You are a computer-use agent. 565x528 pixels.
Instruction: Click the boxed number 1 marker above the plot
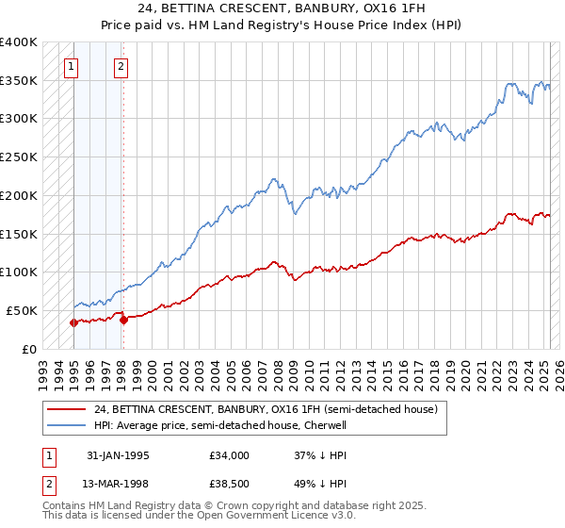[73, 66]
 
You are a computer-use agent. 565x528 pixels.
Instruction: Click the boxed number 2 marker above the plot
[122, 66]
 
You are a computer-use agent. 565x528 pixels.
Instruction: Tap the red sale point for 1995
[74, 322]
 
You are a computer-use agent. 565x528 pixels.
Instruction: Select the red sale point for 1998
[123, 320]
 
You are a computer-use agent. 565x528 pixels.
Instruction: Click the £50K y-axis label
[22, 310]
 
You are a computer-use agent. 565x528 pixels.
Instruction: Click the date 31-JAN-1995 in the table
[118, 455]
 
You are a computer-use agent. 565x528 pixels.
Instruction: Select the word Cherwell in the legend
[322, 425]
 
